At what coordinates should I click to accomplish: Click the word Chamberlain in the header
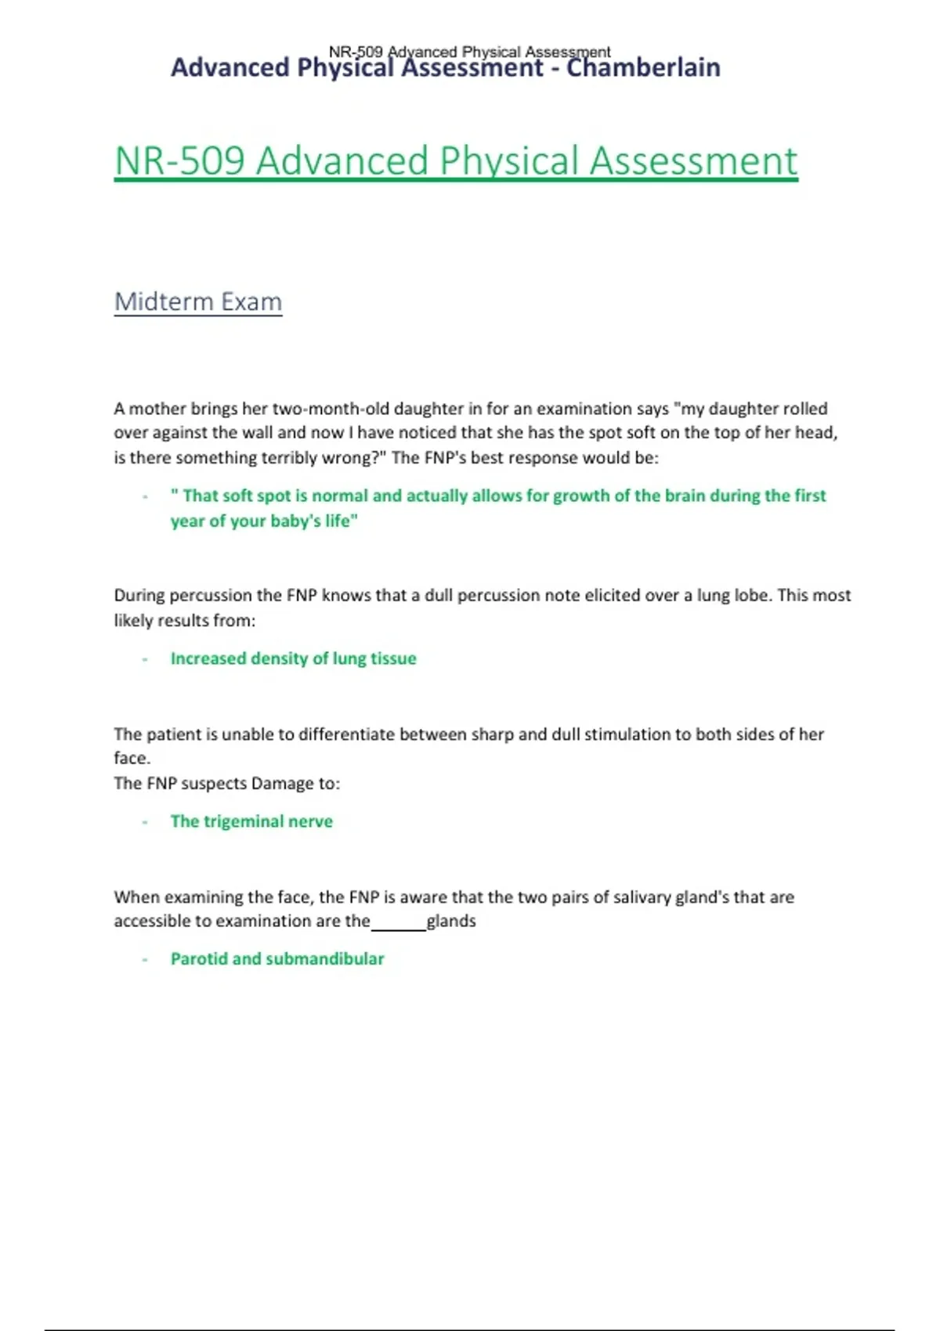tap(643, 68)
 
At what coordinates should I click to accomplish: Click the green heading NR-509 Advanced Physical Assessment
tap(455, 161)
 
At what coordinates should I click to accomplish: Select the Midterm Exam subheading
tap(197, 301)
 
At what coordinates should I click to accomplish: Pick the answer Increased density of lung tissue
tap(293, 658)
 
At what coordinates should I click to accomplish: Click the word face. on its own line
tap(132, 758)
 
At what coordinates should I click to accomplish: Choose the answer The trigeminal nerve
tap(251, 821)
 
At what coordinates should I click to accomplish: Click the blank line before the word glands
tap(398, 925)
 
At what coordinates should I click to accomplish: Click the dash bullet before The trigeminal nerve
tap(145, 822)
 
